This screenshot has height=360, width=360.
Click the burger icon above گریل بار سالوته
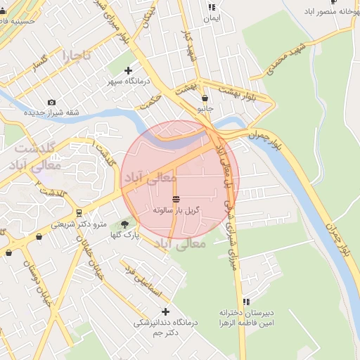pyautogui.click(x=176, y=198)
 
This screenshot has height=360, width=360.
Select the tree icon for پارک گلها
pyautogui.click(x=125, y=224)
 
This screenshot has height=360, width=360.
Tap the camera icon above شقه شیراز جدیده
pyautogui.click(x=51, y=102)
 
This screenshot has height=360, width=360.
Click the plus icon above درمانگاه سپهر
pyautogui.click(x=127, y=70)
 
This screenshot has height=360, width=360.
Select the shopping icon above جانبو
pyautogui.click(x=205, y=98)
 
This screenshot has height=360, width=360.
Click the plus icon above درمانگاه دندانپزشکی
pyautogui.click(x=166, y=311)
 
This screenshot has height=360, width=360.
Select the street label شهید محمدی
pyautogui.click(x=282, y=61)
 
